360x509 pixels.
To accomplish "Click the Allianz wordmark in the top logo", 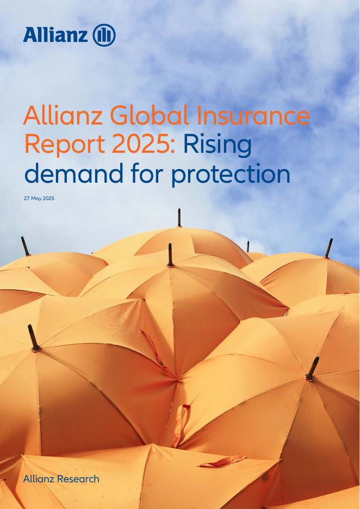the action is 55,35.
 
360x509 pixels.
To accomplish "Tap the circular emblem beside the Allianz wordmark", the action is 104,35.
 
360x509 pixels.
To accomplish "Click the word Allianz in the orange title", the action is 63,116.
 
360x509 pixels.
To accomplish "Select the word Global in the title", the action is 150,116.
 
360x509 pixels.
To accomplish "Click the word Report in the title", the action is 65,145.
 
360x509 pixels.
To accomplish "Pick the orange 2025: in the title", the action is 144,145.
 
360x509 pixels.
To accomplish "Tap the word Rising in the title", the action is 218,145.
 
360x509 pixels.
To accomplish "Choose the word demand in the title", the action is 74,173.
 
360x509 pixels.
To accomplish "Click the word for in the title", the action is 147,173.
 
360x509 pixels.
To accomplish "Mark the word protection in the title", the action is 231,175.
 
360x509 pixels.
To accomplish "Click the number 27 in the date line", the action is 27,198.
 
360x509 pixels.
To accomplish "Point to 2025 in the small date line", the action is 49,198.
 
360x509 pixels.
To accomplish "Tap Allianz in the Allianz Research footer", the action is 39,479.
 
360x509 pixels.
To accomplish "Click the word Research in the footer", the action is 78,479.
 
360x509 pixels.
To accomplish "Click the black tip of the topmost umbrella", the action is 179,218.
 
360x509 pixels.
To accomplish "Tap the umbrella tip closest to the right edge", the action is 328,249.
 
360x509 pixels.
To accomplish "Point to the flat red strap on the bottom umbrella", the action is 222,461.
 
